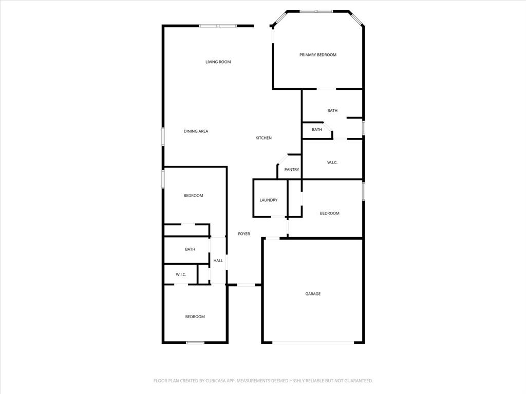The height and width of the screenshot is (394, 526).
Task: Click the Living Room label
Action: click(x=218, y=62)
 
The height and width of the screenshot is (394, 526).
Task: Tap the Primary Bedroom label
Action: click(x=318, y=55)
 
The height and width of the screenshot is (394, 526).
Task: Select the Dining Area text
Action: click(x=196, y=131)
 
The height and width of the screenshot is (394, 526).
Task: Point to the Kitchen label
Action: click(x=264, y=138)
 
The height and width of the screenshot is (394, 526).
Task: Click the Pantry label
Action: click(x=292, y=170)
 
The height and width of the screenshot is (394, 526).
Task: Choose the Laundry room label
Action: click(x=269, y=200)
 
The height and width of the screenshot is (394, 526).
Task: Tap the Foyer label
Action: click(x=244, y=234)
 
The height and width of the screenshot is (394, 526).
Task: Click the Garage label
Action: click(x=313, y=294)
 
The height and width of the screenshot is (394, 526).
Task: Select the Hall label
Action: click(x=218, y=261)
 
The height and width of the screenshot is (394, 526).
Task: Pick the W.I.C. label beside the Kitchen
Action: click(x=332, y=163)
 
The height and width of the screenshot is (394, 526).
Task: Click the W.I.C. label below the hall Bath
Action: click(x=181, y=275)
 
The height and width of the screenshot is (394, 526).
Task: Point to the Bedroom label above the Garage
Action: click(x=329, y=213)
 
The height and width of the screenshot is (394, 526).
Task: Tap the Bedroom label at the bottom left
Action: click(x=195, y=317)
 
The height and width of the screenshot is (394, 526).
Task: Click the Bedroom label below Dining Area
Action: click(x=193, y=195)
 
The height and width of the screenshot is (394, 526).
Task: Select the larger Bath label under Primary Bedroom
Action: click(x=332, y=111)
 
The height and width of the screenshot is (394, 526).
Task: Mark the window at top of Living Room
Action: click(x=218, y=26)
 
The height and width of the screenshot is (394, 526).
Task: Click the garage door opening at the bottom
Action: click(x=313, y=343)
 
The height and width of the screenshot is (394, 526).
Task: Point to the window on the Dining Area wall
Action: click(x=163, y=136)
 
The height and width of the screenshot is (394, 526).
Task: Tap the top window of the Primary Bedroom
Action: click(x=316, y=11)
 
